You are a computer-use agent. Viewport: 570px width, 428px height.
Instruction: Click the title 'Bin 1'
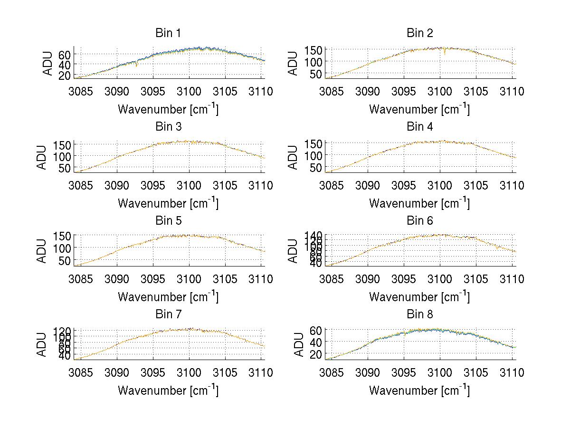[x=168, y=33]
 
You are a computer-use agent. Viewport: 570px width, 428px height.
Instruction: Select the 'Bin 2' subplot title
[x=419, y=33]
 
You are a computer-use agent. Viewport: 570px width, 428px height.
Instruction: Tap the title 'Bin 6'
[x=419, y=221]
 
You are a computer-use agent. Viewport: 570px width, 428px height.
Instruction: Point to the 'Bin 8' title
[x=419, y=314]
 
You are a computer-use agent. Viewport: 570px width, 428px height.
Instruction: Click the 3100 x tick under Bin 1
[x=190, y=91]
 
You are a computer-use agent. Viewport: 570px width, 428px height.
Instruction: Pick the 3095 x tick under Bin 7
[x=153, y=372]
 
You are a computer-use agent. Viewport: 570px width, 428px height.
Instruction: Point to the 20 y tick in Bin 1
[x=65, y=75]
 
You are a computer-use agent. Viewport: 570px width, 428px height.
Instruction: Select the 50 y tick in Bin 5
[x=65, y=260]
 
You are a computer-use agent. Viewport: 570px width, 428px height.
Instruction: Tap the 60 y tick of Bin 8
[x=316, y=330]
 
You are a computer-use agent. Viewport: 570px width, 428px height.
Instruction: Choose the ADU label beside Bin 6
[x=294, y=250]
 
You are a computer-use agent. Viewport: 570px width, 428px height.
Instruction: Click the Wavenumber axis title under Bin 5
[x=168, y=297]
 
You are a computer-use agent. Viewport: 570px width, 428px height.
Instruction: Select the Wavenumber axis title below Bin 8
[x=419, y=390]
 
